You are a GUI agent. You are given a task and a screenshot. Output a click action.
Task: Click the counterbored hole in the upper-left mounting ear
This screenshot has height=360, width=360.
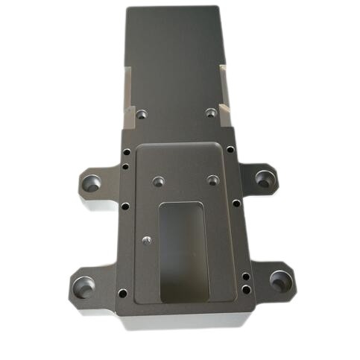pyautogui.click(x=93, y=181)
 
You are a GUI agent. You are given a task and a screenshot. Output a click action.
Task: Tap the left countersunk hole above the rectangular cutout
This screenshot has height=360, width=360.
pyautogui.click(x=157, y=180)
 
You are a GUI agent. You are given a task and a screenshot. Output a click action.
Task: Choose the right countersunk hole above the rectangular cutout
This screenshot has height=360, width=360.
pyautogui.click(x=212, y=180)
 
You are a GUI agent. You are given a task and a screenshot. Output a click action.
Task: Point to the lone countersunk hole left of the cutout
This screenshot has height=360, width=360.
pyautogui.click(x=146, y=240)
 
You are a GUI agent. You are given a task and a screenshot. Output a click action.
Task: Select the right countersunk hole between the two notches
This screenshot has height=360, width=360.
pyautogui.click(x=211, y=114)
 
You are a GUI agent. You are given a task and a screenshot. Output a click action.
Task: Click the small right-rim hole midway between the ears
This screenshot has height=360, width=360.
pyautogui.click(x=236, y=203)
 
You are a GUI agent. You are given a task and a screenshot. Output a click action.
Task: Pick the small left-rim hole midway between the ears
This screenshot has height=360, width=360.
pyautogui.click(x=125, y=206)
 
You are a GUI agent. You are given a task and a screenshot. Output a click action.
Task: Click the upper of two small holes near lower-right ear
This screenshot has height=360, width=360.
pyautogui.click(x=247, y=275)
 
